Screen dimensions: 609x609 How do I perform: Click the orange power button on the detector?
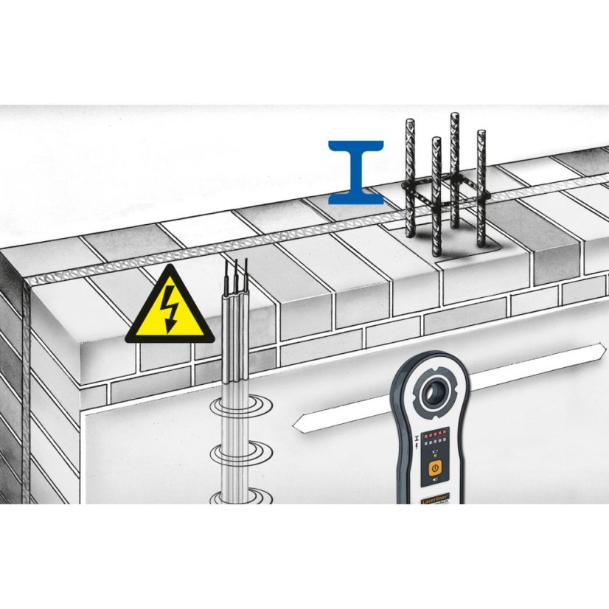[435, 468]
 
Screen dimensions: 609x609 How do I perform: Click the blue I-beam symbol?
[355, 171]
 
